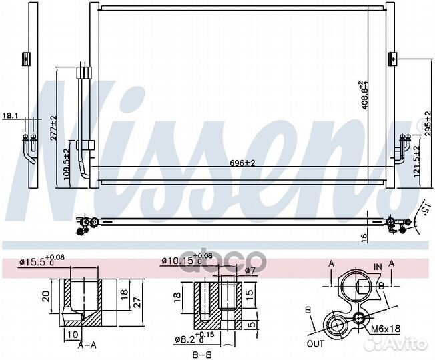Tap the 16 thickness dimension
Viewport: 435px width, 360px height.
point(364,236)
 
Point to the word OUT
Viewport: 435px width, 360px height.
point(316,345)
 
